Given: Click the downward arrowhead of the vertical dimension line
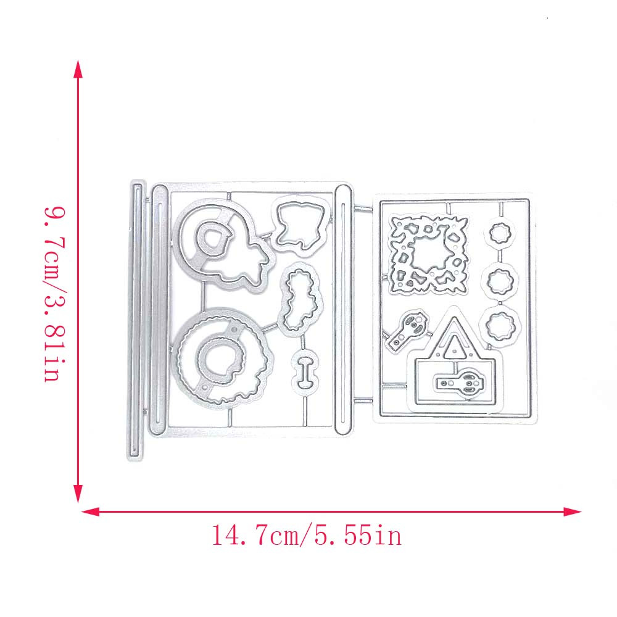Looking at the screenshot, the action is coord(78,494).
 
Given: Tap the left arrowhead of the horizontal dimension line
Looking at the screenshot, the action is coord(89,511).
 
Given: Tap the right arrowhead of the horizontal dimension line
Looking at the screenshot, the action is coord(572,511).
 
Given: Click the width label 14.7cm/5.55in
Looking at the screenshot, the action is coord(307,536).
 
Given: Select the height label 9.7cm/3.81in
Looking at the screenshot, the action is coord(55,294).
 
